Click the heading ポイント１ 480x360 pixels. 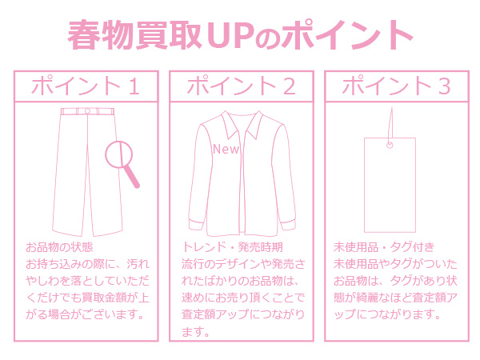click(x=86, y=86)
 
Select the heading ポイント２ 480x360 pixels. click(x=242, y=86)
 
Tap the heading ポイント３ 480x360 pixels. click(x=397, y=86)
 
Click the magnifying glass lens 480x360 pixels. click(x=119, y=154)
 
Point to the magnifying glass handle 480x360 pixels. click(x=132, y=176)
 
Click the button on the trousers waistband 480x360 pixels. click(x=87, y=111)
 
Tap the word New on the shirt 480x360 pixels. click(x=226, y=149)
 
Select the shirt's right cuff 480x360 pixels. click(x=287, y=224)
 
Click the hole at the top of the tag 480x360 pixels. click(x=390, y=145)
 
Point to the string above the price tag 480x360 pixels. click(x=390, y=125)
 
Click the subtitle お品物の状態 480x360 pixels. click(x=59, y=247)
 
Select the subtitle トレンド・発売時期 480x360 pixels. click(x=232, y=247)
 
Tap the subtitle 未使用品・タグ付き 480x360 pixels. click(x=384, y=247)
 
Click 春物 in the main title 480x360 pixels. click(x=101, y=34)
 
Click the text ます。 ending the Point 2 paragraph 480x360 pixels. click(x=195, y=331)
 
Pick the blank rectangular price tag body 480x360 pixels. click(x=390, y=186)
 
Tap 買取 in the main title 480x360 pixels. click(x=169, y=34)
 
